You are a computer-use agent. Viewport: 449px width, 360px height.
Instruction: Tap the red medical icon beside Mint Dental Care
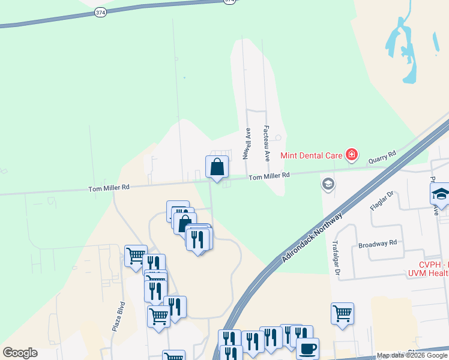click(x=352, y=156)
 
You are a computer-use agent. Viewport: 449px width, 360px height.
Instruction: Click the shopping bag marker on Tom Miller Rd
click(x=217, y=167)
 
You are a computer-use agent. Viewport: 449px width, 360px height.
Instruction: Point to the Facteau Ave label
click(x=267, y=143)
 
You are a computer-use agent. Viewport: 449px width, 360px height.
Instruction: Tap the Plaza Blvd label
click(x=117, y=316)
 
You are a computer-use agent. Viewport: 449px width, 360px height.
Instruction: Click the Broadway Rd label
click(x=378, y=243)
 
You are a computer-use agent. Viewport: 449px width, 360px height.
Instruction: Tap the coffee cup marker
click(x=308, y=348)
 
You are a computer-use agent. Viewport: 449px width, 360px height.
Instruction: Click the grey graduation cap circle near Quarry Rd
click(x=328, y=183)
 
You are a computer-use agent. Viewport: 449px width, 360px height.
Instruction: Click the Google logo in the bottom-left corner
click(x=20, y=353)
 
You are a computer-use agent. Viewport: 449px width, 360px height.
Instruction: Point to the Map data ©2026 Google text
click(x=412, y=356)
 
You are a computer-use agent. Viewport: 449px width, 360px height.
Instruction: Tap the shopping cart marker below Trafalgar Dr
click(x=342, y=313)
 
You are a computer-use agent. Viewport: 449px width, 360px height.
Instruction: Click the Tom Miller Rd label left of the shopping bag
click(x=109, y=188)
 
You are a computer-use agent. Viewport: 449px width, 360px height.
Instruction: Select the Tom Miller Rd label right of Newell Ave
click(x=270, y=176)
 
